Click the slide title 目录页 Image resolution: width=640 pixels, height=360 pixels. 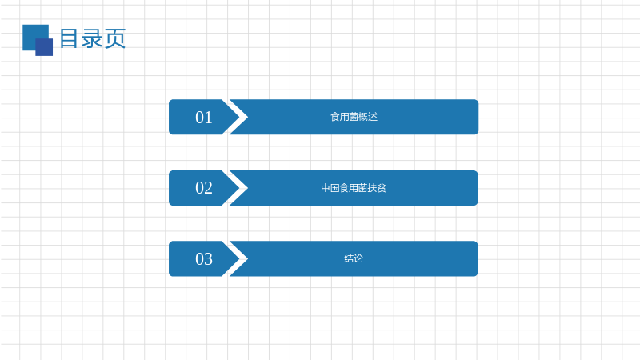click(x=93, y=38)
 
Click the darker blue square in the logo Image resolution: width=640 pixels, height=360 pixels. click(x=44, y=47)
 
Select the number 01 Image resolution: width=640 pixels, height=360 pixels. click(x=204, y=118)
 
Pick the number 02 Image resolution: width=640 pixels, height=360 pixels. click(x=204, y=188)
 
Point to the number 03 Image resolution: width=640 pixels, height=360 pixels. click(x=204, y=259)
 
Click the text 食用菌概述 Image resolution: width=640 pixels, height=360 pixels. click(x=354, y=117)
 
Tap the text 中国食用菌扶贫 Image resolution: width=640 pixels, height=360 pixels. click(x=354, y=188)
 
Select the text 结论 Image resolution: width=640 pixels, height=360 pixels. click(x=354, y=258)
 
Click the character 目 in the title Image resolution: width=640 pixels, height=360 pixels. click(x=69, y=38)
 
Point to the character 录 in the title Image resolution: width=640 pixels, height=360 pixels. click(x=92, y=38)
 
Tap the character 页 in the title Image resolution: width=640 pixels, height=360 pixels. click(x=115, y=38)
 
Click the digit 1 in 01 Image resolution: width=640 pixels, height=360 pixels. click(x=209, y=118)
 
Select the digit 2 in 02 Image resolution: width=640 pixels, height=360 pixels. click(x=208, y=188)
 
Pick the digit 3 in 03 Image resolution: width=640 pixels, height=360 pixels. click(x=208, y=259)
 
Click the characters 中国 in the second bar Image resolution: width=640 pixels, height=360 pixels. click(x=330, y=188)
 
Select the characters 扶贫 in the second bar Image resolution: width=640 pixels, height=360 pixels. click(x=377, y=188)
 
